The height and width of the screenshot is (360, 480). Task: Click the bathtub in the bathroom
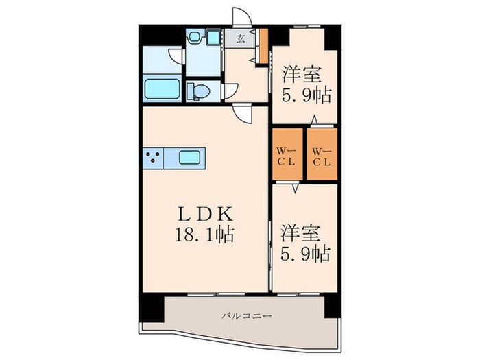coord(163,89)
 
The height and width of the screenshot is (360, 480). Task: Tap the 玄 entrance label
coord(241,38)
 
